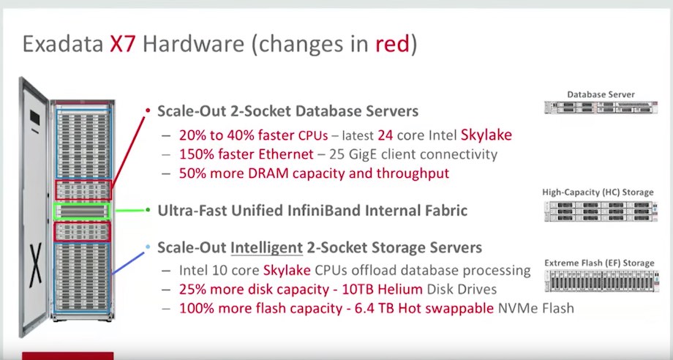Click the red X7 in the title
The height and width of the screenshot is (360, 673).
(124, 45)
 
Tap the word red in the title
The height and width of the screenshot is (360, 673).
(392, 45)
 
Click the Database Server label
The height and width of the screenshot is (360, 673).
(601, 94)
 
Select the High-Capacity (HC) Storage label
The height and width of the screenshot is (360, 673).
(598, 192)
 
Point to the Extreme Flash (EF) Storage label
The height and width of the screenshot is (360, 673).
(599, 263)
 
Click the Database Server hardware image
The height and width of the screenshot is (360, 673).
(601, 108)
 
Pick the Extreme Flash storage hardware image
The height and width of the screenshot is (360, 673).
(602, 281)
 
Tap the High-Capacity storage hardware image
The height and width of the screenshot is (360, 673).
(601, 211)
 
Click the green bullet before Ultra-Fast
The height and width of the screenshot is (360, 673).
(148, 210)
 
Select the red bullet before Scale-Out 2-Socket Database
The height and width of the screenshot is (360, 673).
(148, 110)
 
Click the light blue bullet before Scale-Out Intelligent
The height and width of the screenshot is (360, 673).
(148, 247)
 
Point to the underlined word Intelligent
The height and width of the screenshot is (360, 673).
(267, 248)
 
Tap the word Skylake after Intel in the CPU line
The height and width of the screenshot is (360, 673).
(486, 135)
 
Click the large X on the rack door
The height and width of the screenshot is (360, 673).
(35, 265)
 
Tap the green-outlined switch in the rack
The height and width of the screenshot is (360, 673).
(81, 211)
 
